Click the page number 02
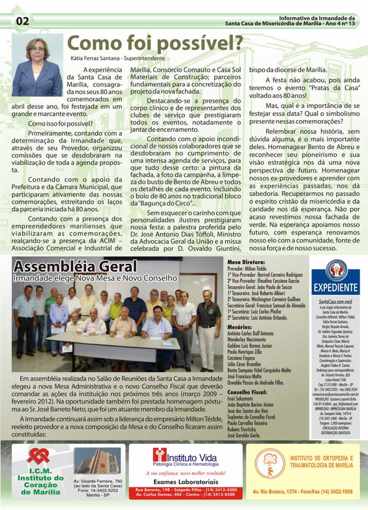[x=23, y=21]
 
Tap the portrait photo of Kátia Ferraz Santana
[x=37, y=65]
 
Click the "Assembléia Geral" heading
[x=75, y=267]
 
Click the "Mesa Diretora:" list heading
[x=246, y=262]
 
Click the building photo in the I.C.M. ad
[x=97, y=461]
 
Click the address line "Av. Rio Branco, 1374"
[x=281, y=492]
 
